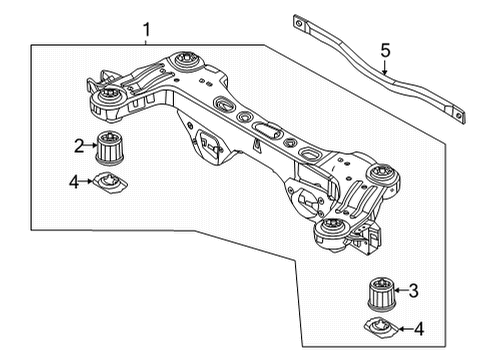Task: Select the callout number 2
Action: [x=77, y=146]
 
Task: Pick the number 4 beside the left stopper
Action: [x=73, y=181]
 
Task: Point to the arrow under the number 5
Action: [x=386, y=67]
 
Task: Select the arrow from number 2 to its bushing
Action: [x=90, y=146]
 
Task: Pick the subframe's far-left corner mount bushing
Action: [x=105, y=97]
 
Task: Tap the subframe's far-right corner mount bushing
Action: [x=379, y=175]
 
